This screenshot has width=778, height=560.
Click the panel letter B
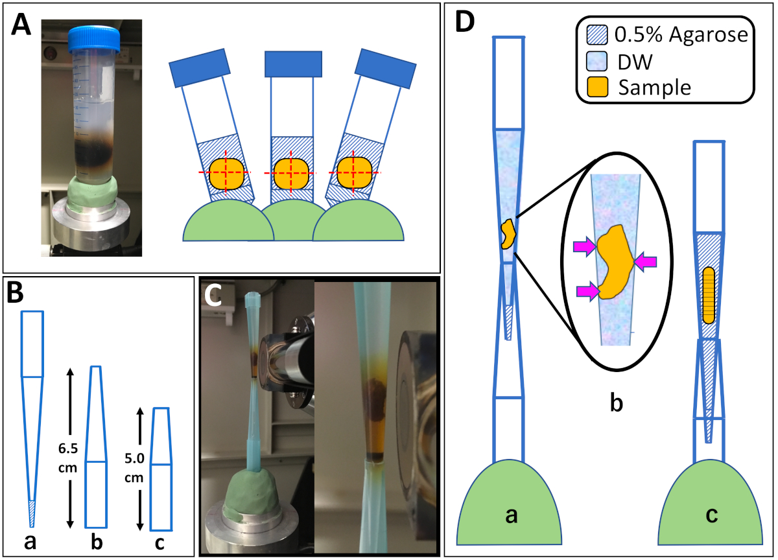16,293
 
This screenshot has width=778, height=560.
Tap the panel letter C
213,296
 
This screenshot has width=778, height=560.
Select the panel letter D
465,21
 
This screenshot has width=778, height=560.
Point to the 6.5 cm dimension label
67,458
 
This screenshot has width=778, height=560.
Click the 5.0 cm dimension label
134,468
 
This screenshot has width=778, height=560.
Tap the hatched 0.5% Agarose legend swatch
597,35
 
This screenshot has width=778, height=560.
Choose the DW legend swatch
597,61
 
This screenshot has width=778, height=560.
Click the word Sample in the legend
655,87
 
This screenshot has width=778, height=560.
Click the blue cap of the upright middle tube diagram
293,64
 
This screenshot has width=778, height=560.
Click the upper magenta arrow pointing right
585,247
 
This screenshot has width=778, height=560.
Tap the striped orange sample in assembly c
709,295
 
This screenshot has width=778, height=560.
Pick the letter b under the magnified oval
617,402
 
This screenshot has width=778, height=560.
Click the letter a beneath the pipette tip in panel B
30,542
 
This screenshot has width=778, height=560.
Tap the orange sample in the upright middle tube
291,174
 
